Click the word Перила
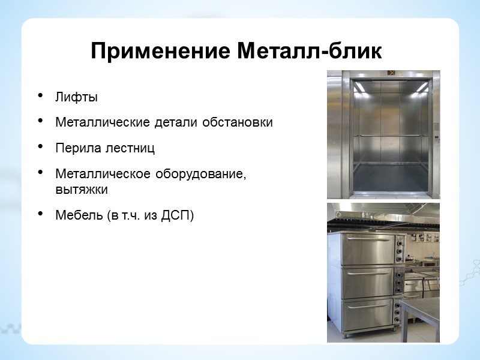pyautogui.click(x=74, y=148)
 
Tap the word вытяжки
pyautogui.click(x=81, y=188)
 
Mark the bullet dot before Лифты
pyautogui.click(x=41, y=97)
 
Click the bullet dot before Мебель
pyautogui.click(x=41, y=214)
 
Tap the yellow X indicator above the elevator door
pyautogui.click(x=391, y=73)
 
